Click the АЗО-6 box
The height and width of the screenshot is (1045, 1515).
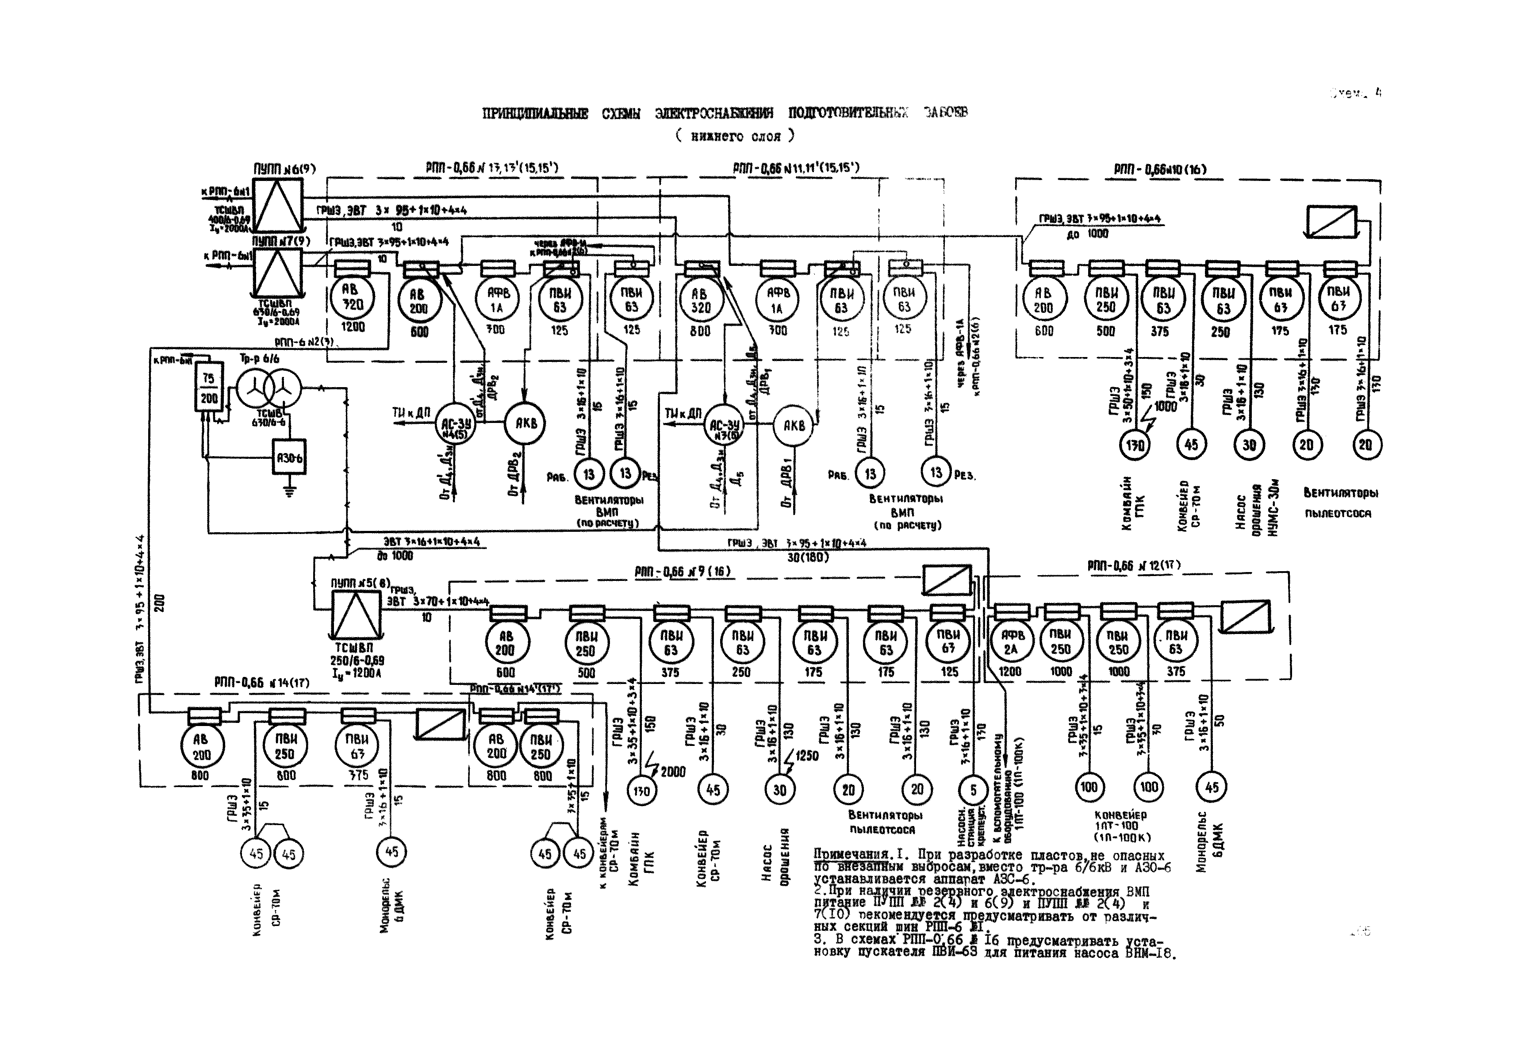(289, 458)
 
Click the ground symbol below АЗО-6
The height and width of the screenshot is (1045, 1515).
(289, 490)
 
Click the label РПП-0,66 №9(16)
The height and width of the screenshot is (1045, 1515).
(682, 572)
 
